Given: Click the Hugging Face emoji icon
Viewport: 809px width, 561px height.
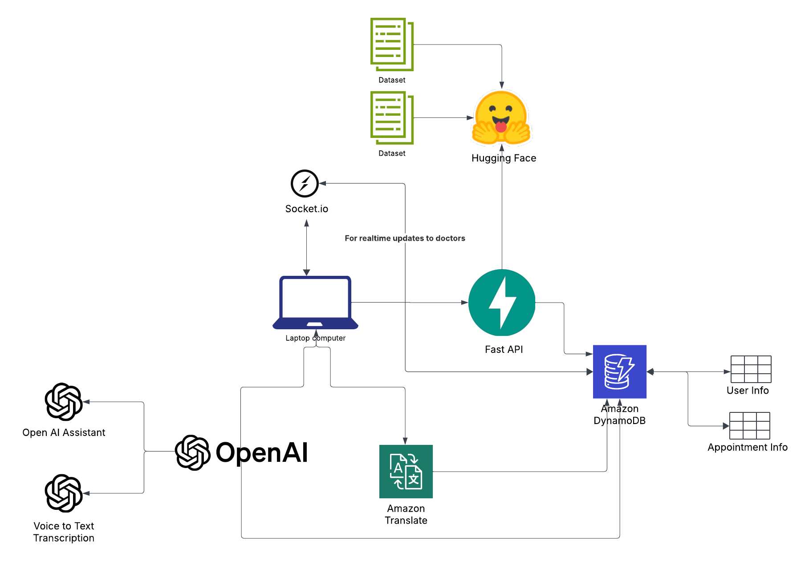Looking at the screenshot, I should point(501,118).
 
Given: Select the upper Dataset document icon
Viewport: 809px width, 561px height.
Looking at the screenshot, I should point(391,44).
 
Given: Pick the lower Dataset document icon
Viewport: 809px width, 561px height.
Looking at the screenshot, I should point(391,117).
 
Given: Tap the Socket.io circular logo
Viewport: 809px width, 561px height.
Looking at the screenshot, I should point(305,183).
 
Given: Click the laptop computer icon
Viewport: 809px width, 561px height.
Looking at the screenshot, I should point(315,303).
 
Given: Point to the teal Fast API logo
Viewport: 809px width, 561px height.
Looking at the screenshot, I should point(502,303).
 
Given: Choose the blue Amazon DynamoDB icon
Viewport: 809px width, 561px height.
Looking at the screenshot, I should point(619,371).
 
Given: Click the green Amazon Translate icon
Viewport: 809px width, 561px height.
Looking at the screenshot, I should point(406,471).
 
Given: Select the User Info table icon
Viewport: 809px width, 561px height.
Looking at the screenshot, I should point(751,369).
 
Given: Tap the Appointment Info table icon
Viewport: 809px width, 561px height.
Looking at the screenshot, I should point(750,426).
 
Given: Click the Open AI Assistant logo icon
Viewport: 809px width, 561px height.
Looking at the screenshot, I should point(64,402).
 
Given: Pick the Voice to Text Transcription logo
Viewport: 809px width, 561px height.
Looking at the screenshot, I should point(64,493).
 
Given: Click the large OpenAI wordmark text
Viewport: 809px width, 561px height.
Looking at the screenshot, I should point(261,452).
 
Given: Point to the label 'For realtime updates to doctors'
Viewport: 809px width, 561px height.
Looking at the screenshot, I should point(405,238).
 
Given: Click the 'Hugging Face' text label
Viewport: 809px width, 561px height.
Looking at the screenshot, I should point(504,158).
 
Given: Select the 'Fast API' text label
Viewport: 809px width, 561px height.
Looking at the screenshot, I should point(504,349).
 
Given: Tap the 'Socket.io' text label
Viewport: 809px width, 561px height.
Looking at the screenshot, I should point(306,209).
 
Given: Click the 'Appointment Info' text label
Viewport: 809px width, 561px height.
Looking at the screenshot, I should point(747,447).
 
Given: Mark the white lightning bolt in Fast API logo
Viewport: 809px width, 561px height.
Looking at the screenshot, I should point(503,303).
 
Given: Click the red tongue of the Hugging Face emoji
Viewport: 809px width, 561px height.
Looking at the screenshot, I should point(501,127).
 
